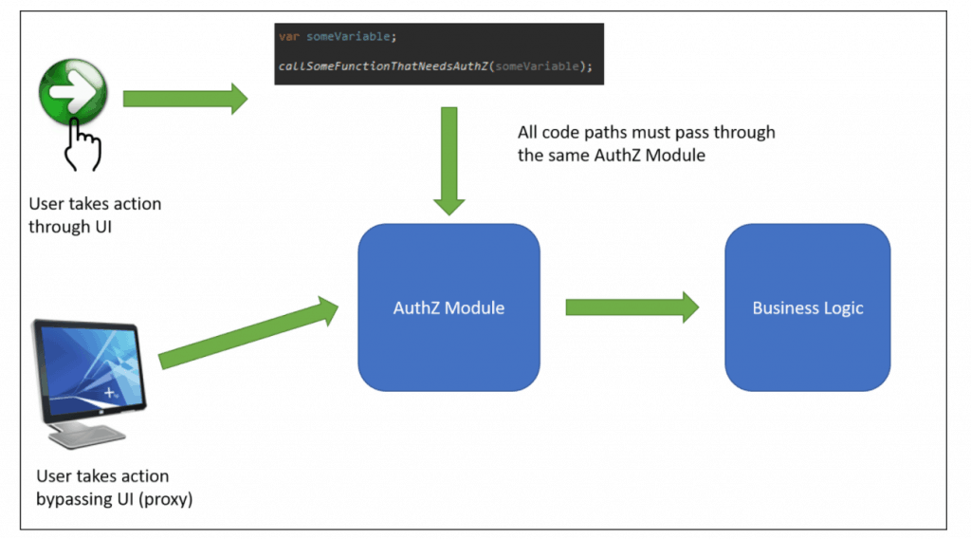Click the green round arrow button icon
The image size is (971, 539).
tap(73, 91)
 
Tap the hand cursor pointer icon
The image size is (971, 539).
tap(82, 145)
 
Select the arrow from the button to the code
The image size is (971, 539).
tap(185, 99)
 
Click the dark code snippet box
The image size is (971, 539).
tap(439, 54)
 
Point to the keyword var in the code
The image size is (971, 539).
tap(288, 37)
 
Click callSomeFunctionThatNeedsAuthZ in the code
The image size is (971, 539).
tap(383, 66)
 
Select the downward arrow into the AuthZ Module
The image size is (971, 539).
tap(449, 161)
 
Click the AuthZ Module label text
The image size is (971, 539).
tap(449, 307)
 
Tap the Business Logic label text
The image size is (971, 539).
tap(808, 307)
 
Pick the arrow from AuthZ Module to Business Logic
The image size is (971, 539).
tap(632, 307)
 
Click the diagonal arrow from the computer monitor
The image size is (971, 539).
tap(248, 333)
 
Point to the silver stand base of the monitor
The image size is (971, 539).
tap(87, 437)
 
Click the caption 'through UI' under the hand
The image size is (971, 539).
tap(70, 227)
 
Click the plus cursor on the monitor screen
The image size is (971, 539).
tap(110, 392)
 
